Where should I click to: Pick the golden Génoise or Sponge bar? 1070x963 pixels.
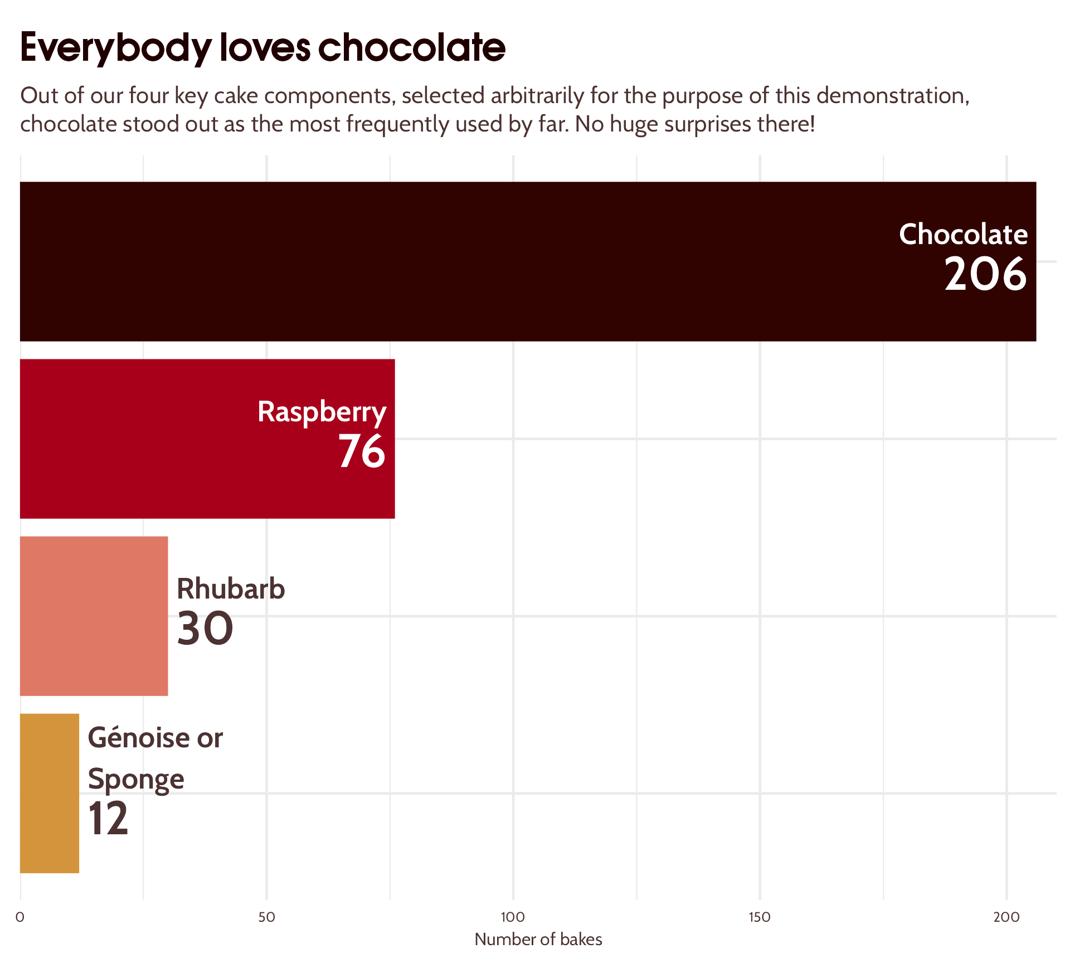pyautogui.click(x=49, y=793)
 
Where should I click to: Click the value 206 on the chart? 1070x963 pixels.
pyautogui.click(x=985, y=274)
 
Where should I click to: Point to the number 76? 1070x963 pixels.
pyautogui.click(x=362, y=451)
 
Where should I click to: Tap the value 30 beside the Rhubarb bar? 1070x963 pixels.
pyautogui.click(x=205, y=629)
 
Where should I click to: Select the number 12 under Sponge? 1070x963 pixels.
pyautogui.click(x=108, y=819)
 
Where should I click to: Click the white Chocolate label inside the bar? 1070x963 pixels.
pyautogui.click(x=963, y=234)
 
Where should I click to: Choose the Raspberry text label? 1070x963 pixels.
pyautogui.click(x=322, y=412)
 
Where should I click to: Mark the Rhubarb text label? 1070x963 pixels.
pyautogui.click(x=231, y=589)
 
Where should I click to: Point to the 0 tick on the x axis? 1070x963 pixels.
pyautogui.click(x=20, y=917)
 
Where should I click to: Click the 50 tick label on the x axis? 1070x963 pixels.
pyautogui.click(x=266, y=917)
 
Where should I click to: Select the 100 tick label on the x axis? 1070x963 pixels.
pyautogui.click(x=513, y=917)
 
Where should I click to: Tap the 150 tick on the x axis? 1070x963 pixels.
pyautogui.click(x=759, y=917)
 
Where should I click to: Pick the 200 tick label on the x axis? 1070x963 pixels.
pyautogui.click(x=1006, y=917)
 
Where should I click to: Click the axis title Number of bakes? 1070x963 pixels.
pyautogui.click(x=538, y=940)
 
